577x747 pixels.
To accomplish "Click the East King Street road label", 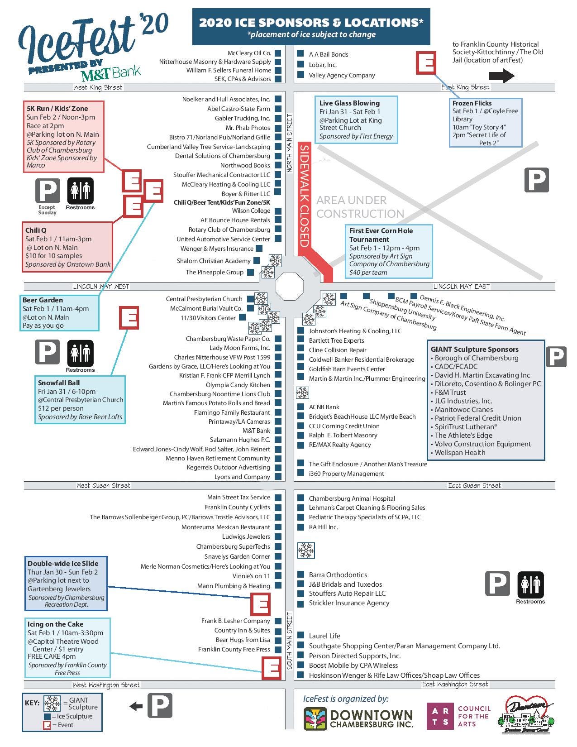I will [x=465, y=87].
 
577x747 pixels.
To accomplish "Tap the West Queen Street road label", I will [x=103, y=485].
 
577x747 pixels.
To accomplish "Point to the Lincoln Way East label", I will [x=462, y=286].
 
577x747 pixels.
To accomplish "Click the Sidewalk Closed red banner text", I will [x=304, y=196].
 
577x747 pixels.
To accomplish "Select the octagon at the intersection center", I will [x=289, y=286].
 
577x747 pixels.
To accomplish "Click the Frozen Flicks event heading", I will [x=472, y=103].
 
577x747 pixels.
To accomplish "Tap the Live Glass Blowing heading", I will [x=349, y=103].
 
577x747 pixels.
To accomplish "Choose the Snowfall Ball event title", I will [x=59, y=383].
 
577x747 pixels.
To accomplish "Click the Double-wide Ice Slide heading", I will [x=62, y=563].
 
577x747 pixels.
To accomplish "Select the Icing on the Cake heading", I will [x=55, y=624].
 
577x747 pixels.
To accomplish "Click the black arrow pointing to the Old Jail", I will [x=501, y=75].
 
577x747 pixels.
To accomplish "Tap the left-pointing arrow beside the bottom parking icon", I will [x=136, y=706].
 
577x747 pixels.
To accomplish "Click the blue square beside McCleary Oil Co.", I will [x=278, y=53].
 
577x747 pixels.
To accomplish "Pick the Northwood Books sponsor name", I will [x=245, y=165].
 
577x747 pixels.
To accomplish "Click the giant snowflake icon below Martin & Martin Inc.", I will [x=302, y=393].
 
